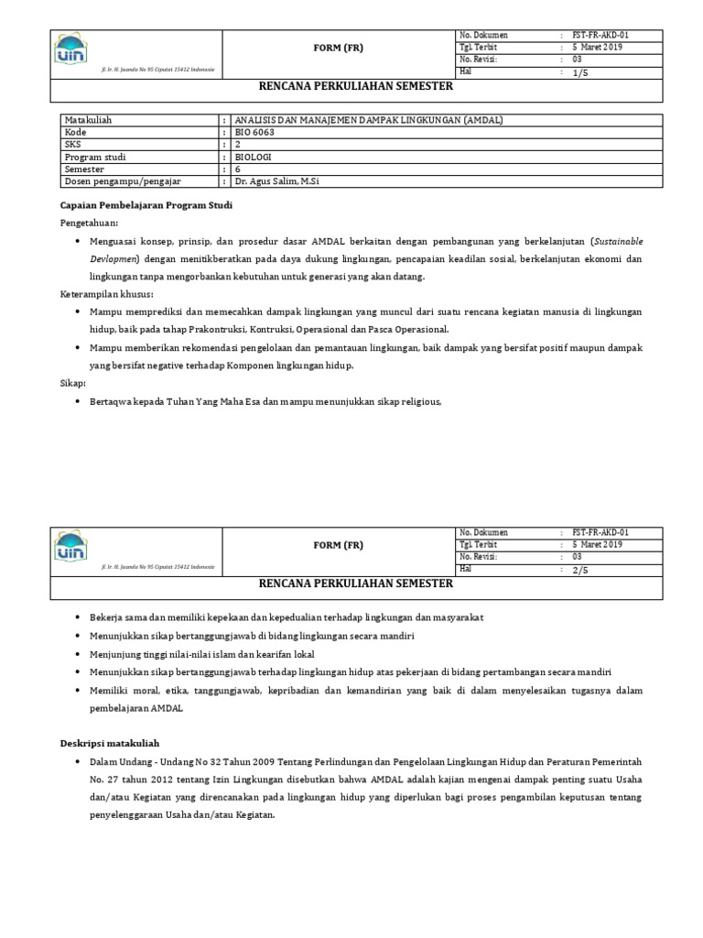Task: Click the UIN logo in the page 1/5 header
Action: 71,50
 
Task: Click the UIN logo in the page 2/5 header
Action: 71,548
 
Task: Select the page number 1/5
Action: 580,72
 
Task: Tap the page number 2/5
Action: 580,570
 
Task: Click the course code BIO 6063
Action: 254,132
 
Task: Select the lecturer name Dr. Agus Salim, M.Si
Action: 276,181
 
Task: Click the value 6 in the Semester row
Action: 238,169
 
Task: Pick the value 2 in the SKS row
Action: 238,145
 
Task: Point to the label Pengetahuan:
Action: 89,223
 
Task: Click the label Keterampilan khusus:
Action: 106,294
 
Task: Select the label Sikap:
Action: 72,383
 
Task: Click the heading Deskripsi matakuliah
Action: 110,743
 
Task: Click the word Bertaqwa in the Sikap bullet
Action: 111,401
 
